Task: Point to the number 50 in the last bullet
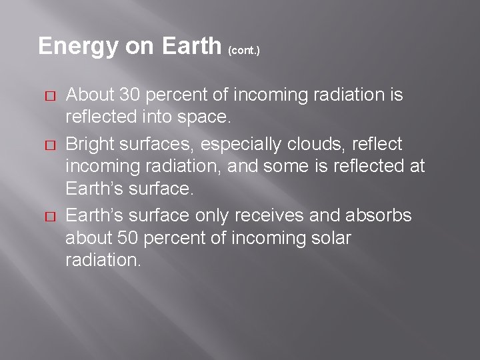point(127,238)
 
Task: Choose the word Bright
point(87,143)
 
